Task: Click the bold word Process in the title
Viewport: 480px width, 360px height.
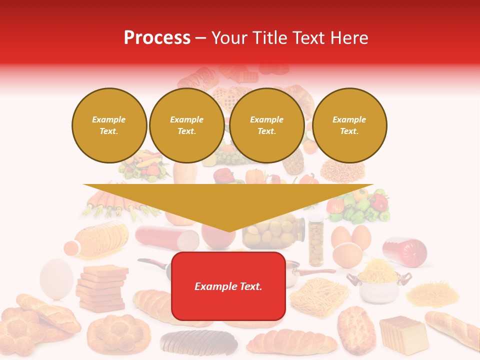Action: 157,38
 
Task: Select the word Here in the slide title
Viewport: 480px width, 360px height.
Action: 348,38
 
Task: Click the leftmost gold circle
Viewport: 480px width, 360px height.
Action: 109,125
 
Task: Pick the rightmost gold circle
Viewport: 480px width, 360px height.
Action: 349,125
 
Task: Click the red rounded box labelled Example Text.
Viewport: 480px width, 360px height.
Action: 228,286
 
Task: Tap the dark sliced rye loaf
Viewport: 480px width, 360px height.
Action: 198,342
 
